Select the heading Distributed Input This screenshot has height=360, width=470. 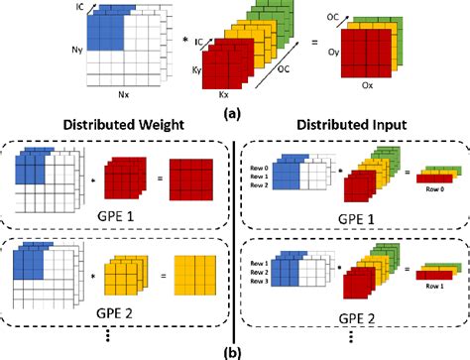tap(354, 129)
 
